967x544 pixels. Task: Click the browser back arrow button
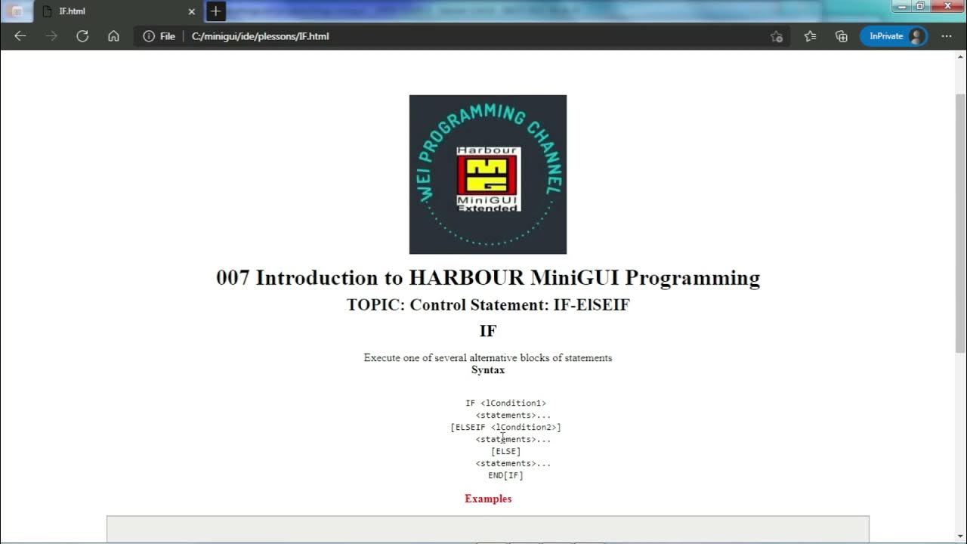tap(20, 36)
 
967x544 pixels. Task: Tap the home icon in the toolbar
tap(113, 36)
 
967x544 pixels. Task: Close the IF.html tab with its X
tap(191, 11)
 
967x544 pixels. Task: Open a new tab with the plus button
tap(216, 11)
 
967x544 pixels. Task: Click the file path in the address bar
tap(260, 36)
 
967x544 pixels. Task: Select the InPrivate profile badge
tap(894, 36)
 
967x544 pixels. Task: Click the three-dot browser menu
tap(947, 36)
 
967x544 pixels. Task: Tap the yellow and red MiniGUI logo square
tap(487, 175)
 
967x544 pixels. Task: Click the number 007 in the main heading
tap(233, 278)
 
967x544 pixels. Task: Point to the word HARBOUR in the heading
tap(466, 278)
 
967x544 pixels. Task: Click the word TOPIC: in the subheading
tap(375, 305)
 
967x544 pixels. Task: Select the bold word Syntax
tap(488, 370)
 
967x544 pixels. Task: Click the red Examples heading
tap(488, 499)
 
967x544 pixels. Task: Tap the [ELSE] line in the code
tap(505, 452)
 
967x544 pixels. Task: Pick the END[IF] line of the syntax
tap(505, 476)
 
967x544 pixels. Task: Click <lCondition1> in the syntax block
tap(513, 403)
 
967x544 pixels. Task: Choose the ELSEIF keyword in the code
tap(470, 428)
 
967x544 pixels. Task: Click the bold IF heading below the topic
tap(488, 331)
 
